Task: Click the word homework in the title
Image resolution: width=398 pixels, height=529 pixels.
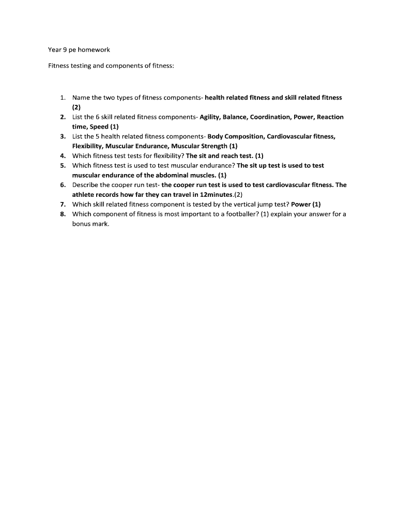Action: pyautogui.click(x=94, y=50)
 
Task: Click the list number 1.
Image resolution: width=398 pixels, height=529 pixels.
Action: pyautogui.click(x=62, y=98)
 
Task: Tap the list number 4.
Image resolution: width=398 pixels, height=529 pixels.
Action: pyautogui.click(x=62, y=156)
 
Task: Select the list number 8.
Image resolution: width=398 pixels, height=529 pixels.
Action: pyautogui.click(x=62, y=214)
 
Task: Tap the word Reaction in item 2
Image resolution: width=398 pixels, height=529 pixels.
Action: pyautogui.click(x=330, y=117)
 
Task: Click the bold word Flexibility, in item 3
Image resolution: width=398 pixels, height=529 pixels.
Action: pyautogui.click(x=88, y=146)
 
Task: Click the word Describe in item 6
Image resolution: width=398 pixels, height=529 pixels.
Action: pyautogui.click(x=86, y=185)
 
